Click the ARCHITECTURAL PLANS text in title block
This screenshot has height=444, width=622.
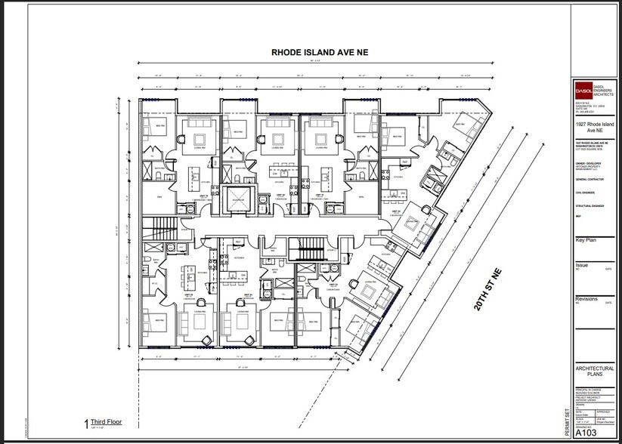595,372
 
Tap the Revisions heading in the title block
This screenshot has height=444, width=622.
586,299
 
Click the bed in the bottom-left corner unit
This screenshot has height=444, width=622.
160,325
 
